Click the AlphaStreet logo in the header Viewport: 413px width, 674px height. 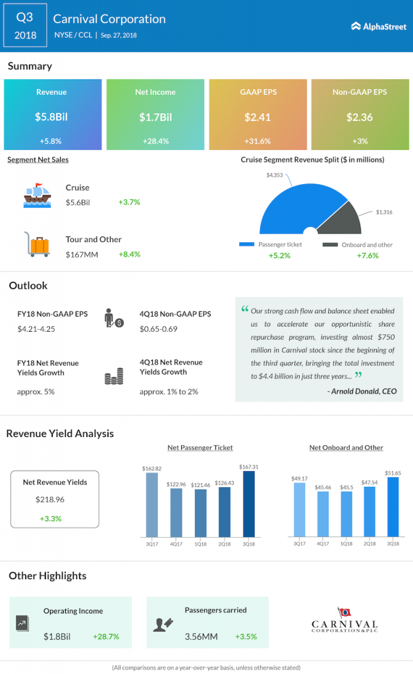tap(379, 26)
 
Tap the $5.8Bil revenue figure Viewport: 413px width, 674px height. tap(51, 117)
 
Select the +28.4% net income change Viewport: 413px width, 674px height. tap(155, 141)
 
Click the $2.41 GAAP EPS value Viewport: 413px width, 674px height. tap(258, 117)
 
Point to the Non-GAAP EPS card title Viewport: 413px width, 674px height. tap(360, 92)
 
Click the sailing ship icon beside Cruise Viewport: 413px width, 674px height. tap(38, 195)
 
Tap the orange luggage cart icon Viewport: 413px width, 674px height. tap(37, 244)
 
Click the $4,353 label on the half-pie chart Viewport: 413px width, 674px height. tap(275, 175)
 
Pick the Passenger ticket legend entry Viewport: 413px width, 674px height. tap(271, 245)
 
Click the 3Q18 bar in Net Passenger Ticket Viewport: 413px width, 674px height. tap(249, 504)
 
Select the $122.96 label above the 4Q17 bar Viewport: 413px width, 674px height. tap(176, 484)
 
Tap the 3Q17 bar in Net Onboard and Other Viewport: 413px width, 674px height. tap(300, 509)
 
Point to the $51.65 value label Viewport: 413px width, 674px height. tap(393, 473)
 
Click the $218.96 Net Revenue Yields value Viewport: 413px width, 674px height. tap(50, 500)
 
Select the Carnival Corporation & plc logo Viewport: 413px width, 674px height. tap(344, 620)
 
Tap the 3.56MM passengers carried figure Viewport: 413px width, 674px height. tap(202, 636)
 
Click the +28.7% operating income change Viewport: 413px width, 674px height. tap(106, 636)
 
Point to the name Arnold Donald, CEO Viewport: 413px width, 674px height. tap(364, 391)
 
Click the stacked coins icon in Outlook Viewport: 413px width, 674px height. tap(114, 376)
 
